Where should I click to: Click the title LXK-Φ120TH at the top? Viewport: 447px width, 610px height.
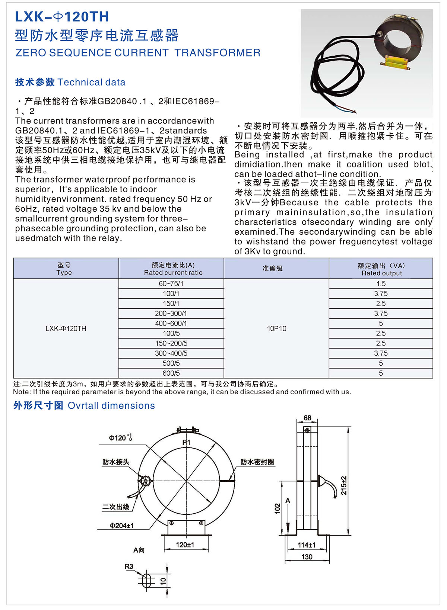point(62,17)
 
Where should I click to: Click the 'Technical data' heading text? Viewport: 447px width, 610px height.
point(92,82)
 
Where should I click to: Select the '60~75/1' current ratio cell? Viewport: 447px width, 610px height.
point(171,283)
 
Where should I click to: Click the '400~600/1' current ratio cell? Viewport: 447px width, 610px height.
point(171,323)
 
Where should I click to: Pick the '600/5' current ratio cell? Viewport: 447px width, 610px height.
point(171,373)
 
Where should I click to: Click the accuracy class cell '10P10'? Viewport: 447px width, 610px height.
point(276,328)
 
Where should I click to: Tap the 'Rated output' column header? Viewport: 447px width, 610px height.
point(381,273)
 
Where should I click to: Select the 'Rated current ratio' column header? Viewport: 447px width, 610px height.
point(173,273)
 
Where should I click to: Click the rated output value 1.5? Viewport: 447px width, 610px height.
point(381,283)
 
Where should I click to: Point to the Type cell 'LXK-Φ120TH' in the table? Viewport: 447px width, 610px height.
point(66,328)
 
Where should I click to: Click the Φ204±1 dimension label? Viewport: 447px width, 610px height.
point(121,526)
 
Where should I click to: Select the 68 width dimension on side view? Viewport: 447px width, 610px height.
point(307,418)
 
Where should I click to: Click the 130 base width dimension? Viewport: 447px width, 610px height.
point(307,557)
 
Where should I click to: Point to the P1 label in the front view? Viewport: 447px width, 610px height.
point(186,442)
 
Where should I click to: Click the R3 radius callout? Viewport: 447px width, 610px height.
point(129,566)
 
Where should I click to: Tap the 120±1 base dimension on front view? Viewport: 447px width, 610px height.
point(185,545)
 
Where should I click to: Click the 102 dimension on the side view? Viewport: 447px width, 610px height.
point(277,508)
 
